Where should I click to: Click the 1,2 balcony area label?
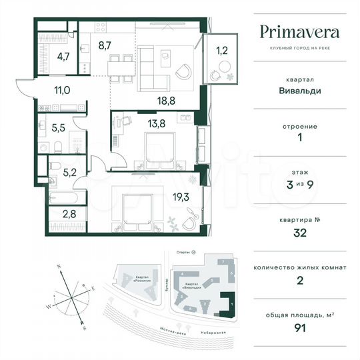(x=221, y=49)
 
